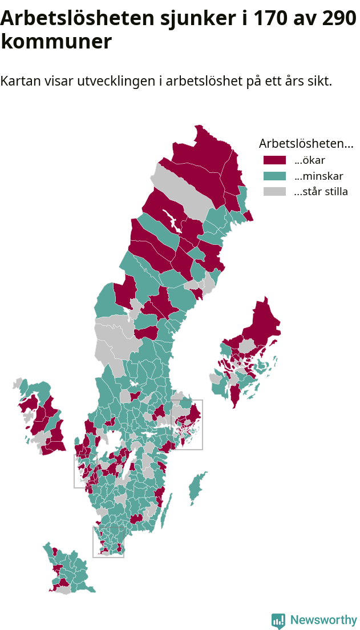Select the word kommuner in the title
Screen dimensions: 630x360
tap(56, 42)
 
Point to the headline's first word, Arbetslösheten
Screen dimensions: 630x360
tap(74, 18)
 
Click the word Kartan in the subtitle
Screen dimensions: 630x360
tap(19, 81)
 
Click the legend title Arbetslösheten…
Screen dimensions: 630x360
tap(306, 143)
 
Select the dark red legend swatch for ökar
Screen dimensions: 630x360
tap(274, 160)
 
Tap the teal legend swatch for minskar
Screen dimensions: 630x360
tap(274, 176)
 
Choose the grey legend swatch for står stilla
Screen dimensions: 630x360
tap(274, 192)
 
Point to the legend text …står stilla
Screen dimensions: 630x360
tap(321, 192)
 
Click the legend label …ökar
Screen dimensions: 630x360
tap(309, 160)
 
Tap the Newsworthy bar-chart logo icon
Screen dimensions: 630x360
tap(278, 621)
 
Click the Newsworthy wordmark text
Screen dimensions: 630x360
tap(323, 620)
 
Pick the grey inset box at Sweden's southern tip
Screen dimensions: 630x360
tap(108, 557)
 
